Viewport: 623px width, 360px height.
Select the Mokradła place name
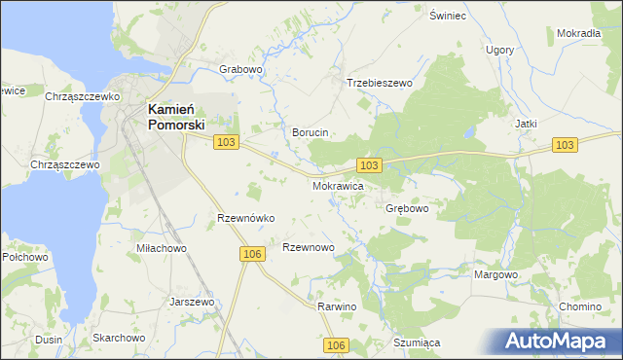pos(578,33)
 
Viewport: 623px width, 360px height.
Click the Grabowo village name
pos(241,70)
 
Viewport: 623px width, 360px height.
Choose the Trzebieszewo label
pos(380,84)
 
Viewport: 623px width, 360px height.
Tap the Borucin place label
pos(311,131)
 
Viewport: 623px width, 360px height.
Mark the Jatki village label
pos(526,124)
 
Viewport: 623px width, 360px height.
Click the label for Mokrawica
pos(338,184)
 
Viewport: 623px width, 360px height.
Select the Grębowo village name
pos(407,208)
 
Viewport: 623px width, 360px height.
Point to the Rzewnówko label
pos(246,218)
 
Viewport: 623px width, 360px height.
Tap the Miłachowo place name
pos(162,248)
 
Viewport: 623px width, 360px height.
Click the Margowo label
pos(495,274)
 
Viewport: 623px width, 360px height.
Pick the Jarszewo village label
pos(191,302)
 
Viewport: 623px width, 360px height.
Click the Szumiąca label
pos(418,342)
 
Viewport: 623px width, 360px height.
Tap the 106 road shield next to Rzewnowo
pos(251,254)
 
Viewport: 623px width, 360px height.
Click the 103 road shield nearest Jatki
pos(565,144)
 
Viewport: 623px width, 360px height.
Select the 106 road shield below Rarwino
pos(336,345)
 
